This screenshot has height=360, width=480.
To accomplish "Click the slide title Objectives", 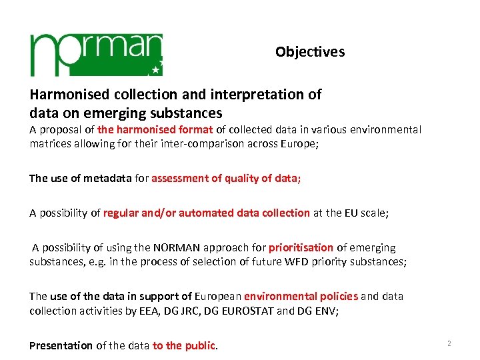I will (x=310, y=52).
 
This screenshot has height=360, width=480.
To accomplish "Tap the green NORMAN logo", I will (x=96, y=54).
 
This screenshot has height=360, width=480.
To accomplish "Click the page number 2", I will (x=449, y=343).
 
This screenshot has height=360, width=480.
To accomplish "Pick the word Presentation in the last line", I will (x=61, y=345).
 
